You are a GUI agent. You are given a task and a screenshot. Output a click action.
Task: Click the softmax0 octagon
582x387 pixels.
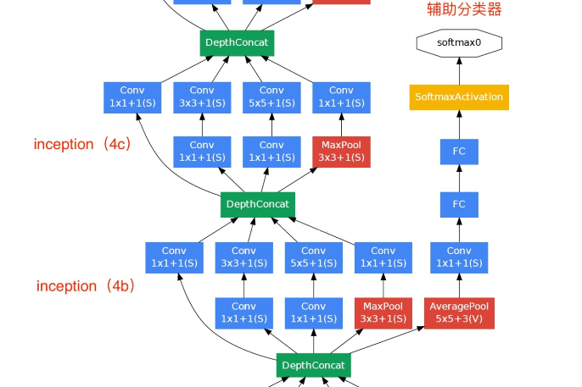coord(459,42)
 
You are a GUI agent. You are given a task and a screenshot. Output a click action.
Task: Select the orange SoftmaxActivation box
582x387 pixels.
coord(459,97)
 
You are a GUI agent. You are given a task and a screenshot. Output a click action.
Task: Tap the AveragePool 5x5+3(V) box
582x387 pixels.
coord(459,312)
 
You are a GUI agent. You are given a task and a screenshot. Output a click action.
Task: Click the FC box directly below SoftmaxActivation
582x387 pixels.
coord(459,152)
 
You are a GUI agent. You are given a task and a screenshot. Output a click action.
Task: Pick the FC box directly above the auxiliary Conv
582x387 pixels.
coord(459,204)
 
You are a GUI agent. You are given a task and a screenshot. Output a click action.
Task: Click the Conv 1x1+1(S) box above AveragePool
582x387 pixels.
coord(459,257)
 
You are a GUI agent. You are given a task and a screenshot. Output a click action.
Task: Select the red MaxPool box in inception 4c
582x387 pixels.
coord(341,152)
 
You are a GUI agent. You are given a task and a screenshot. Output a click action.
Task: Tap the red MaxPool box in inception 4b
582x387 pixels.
coord(383,312)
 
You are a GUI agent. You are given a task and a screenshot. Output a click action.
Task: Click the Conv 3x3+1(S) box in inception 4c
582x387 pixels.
coord(202,97)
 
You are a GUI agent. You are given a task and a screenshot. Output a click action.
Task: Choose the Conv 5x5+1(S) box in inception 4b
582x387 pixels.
coord(313,257)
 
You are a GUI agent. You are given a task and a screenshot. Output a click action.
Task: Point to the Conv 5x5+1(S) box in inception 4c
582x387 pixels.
coord(271,97)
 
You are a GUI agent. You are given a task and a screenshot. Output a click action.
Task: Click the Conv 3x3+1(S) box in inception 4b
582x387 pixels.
coord(243,257)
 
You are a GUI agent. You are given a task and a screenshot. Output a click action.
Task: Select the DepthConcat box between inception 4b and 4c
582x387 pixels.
coord(258,204)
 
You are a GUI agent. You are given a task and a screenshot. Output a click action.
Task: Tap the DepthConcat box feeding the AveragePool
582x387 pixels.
coord(313,366)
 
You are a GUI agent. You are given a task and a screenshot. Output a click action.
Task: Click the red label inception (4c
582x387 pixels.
coord(81,144)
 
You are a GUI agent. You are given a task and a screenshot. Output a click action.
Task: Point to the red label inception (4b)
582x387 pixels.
coord(86,286)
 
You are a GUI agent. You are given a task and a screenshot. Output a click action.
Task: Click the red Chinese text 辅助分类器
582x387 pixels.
coord(463,10)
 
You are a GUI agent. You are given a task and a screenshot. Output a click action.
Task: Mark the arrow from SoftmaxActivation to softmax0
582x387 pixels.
coord(459,70)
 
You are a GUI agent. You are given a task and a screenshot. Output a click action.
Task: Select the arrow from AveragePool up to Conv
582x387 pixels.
coord(459,285)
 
